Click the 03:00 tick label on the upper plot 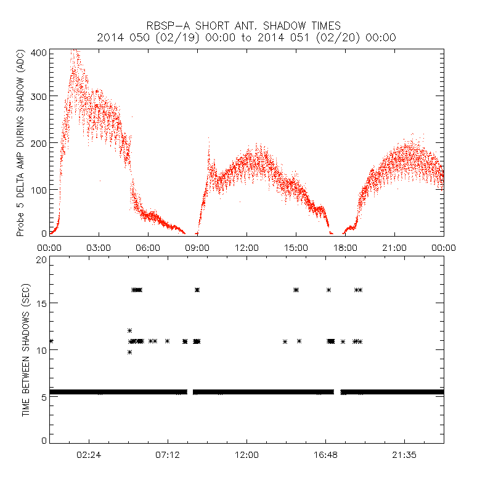pos(99,248)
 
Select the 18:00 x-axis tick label pos(345,248)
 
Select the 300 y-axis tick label pos(38,96)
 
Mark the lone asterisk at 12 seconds pos(129,330)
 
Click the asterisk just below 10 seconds pos(129,352)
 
